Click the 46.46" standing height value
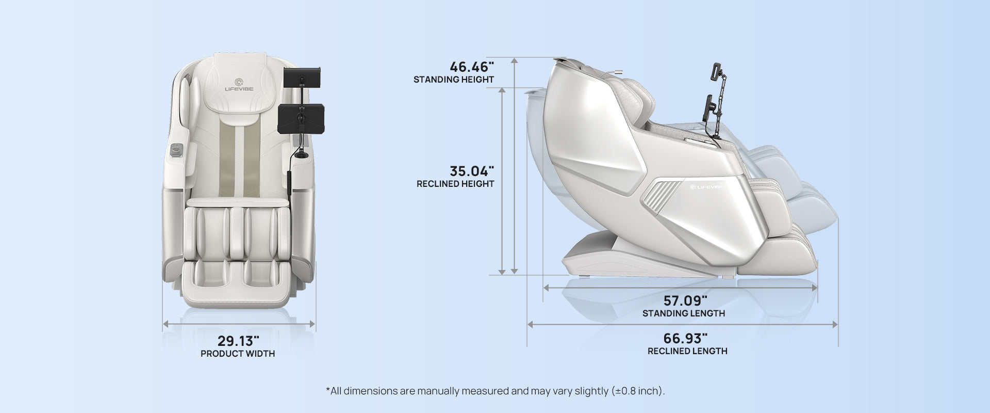[x=472, y=67]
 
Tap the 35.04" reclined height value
[x=472, y=171]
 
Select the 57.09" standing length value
[x=685, y=300]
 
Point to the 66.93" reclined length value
[x=685, y=339]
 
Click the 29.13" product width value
[x=238, y=341]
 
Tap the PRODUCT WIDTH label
[x=238, y=354]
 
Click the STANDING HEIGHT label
[x=454, y=80]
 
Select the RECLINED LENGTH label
[x=687, y=351]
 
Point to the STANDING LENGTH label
[x=684, y=313]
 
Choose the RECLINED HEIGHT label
[x=455, y=184]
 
